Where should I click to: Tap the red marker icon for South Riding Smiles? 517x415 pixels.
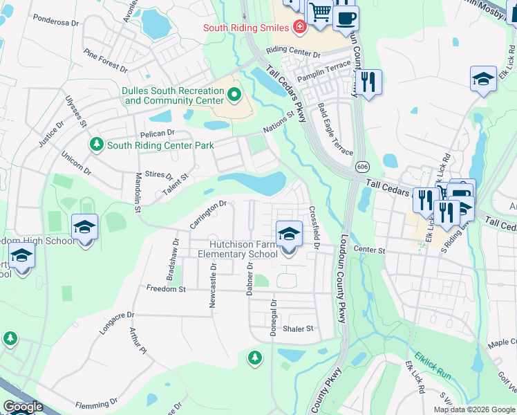coord(299,28)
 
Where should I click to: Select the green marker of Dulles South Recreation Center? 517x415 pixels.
coord(234,95)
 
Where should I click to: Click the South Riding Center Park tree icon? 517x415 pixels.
coord(97,145)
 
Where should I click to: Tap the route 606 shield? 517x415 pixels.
coord(363,167)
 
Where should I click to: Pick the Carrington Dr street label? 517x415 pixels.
coord(207,214)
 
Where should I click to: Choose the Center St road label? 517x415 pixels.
coord(368,249)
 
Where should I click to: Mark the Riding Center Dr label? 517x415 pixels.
coord(294,53)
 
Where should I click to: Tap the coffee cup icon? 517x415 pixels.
coord(346,17)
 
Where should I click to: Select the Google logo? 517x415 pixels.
coord(22,407)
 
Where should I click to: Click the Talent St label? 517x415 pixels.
coord(175,182)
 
